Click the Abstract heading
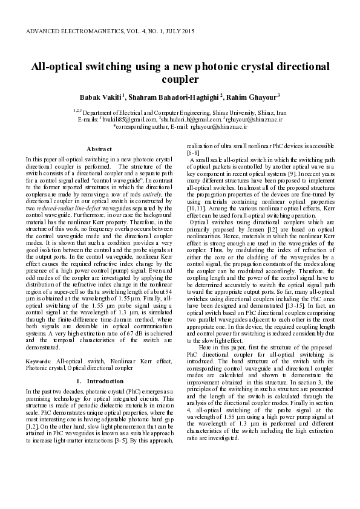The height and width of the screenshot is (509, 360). tap(99, 149)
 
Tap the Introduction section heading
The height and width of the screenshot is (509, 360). tap(105, 381)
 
